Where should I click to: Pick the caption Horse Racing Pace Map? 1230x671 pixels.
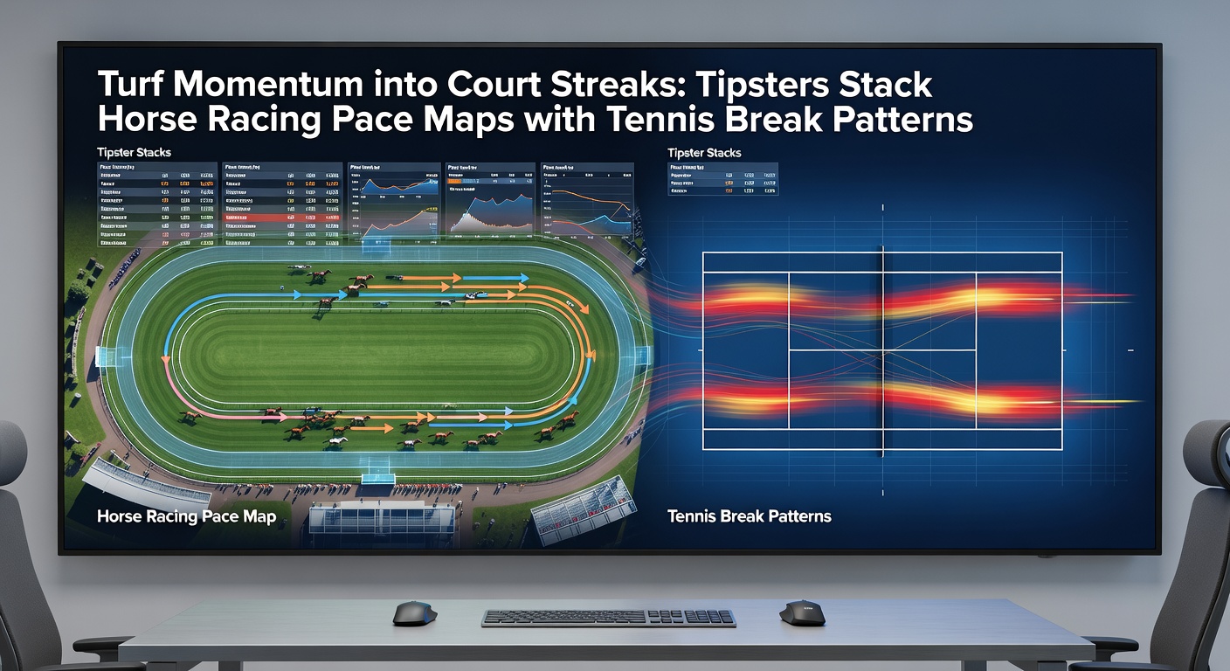(186, 516)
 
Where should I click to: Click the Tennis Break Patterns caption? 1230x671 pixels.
(749, 516)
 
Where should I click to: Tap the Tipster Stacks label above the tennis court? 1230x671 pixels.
(704, 153)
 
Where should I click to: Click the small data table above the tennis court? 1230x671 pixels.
(722, 178)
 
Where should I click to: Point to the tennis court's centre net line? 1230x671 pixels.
(882, 349)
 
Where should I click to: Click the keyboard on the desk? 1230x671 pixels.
(608, 618)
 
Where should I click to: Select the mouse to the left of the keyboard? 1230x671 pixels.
(415, 612)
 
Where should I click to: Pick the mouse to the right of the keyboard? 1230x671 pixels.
(801, 612)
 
